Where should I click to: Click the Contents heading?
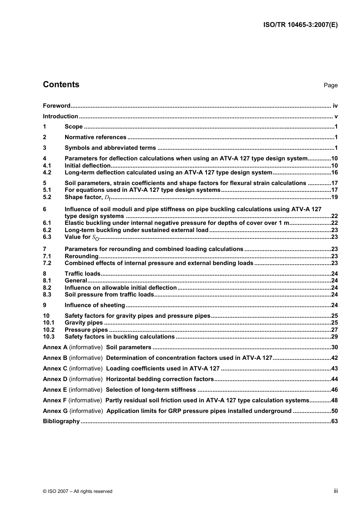(x=61, y=85)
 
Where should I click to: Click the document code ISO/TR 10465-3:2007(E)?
(x=300, y=25)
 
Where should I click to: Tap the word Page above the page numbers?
(x=330, y=85)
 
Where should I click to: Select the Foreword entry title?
(x=56, y=106)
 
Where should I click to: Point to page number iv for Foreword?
(x=335, y=106)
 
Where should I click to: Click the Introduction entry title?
(x=60, y=116)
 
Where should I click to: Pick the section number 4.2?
(x=47, y=173)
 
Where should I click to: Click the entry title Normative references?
(x=95, y=137)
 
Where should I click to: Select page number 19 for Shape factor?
(x=334, y=197)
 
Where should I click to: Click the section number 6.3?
(x=47, y=237)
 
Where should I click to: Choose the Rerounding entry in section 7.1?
(x=81, y=256)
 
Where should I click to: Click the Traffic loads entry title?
(x=83, y=273)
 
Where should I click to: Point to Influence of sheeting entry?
(x=95, y=305)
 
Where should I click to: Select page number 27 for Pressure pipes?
(x=334, y=330)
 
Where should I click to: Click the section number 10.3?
(x=49, y=336)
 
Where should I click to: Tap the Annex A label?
(x=55, y=347)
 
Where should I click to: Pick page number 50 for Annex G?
(x=334, y=411)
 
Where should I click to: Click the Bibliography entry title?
(x=61, y=421)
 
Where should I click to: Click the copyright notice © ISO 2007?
(x=77, y=491)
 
